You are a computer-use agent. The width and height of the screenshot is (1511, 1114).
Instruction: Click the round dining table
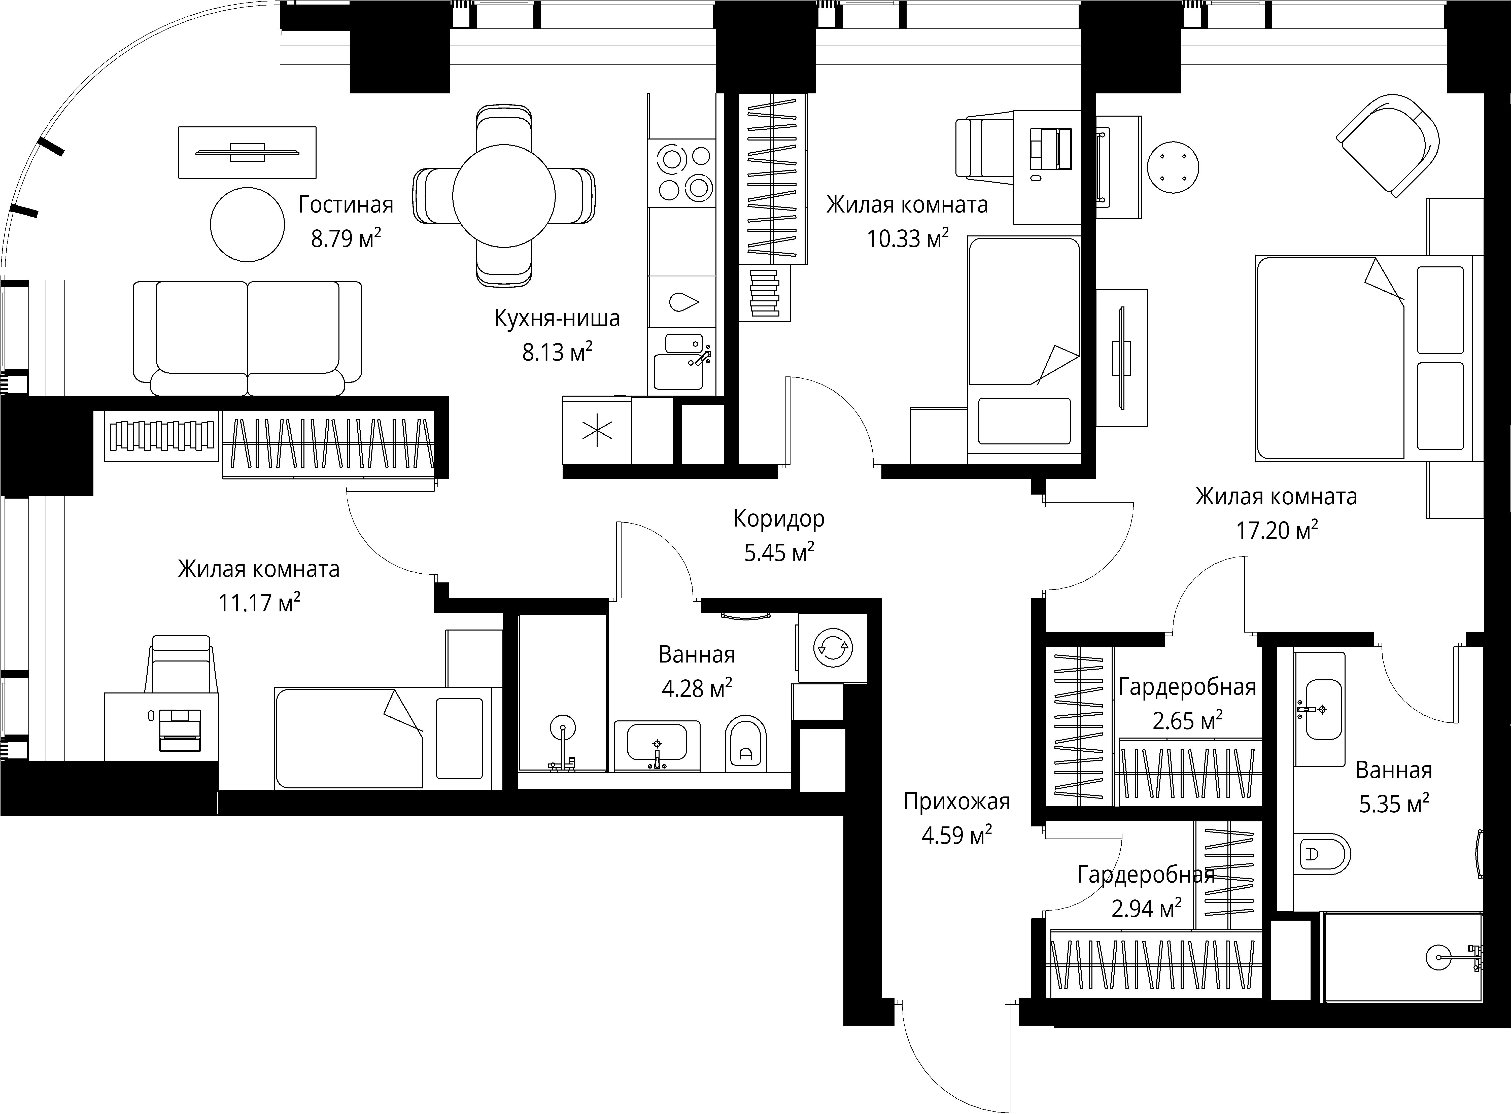(504, 196)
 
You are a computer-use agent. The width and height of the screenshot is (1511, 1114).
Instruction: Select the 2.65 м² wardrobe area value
(1187, 721)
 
